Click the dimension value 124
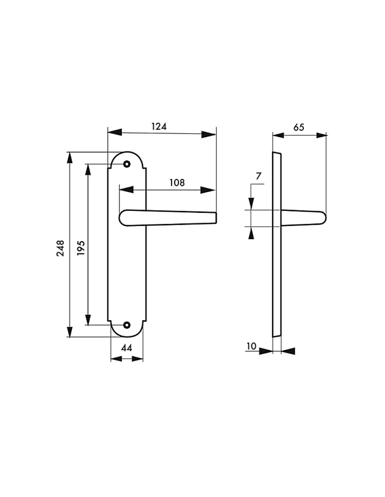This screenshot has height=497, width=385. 159,126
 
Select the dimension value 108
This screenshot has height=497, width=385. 177,183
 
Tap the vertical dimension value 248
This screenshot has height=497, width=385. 61,248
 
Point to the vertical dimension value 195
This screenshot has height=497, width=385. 81,248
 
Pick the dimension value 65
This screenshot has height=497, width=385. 299,127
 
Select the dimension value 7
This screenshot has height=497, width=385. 258,176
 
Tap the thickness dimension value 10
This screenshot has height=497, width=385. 251,346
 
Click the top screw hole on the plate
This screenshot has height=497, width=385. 127,164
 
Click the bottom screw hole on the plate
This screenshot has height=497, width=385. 127,325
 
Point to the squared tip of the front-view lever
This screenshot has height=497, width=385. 215,218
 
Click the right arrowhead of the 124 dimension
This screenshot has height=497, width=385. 209,134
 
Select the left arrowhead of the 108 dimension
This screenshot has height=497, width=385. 125,190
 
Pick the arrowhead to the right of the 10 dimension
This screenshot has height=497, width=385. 288,351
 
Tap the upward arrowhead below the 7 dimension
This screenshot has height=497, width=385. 251,233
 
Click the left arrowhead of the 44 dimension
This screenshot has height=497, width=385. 116,359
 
